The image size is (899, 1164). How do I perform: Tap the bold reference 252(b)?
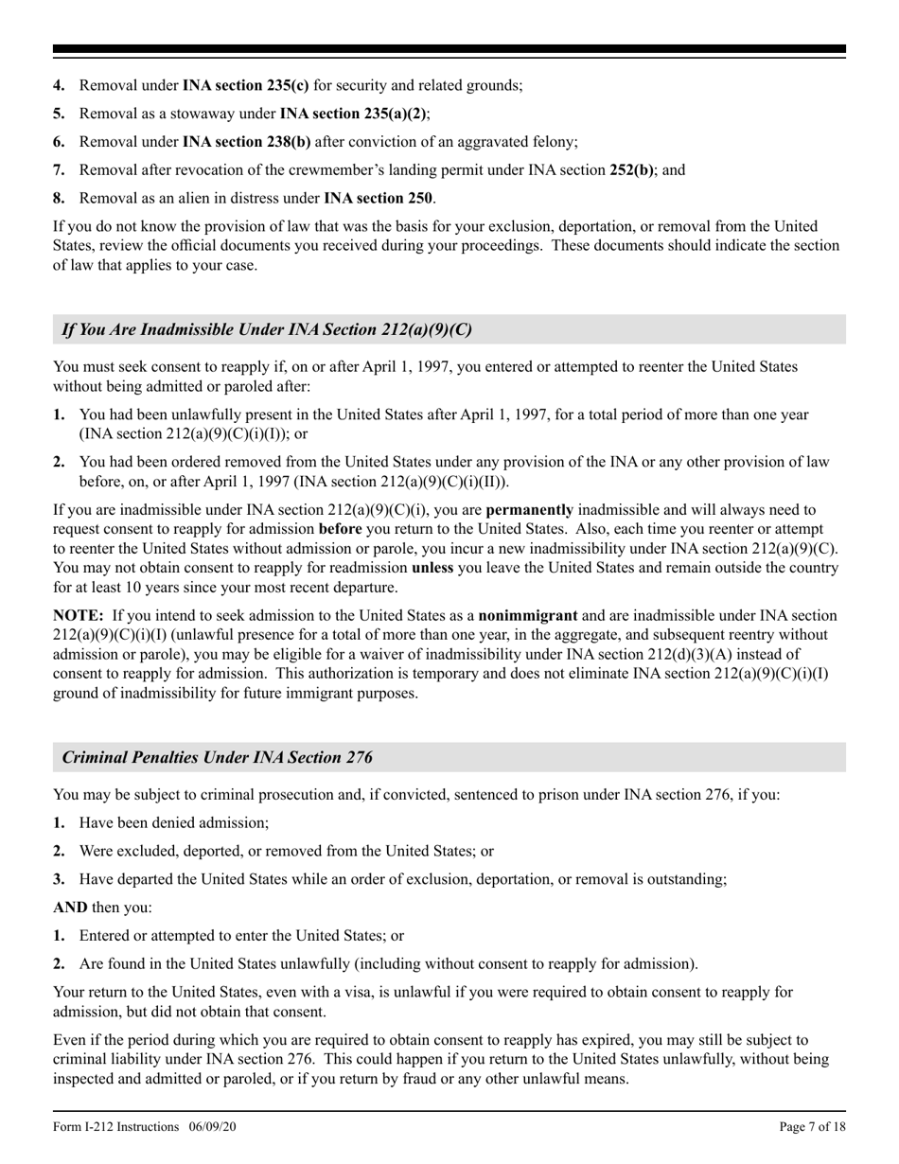pos(631,170)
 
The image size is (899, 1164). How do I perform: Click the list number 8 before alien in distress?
pos(59,199)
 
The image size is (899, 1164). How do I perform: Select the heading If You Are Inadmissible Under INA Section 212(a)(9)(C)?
pos(267,329)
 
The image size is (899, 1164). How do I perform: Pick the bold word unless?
pos(432,568)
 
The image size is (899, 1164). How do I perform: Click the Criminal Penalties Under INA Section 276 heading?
pos(218,757)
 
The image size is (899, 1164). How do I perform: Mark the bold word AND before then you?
pos(70,908)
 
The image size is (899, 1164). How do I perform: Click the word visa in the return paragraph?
pos(377,993)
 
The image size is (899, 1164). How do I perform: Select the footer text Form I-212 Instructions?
pos(115,1127)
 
